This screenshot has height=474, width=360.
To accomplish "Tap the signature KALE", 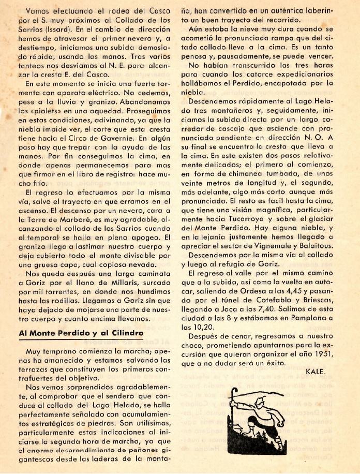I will point(315,371).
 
